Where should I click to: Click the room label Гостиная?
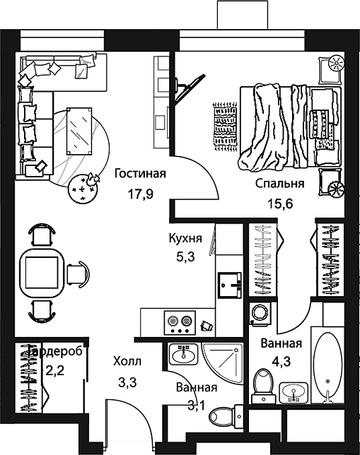[x=140, y=174]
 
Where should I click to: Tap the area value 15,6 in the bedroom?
[x=280, y=204]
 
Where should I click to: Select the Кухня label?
[x=185, y=239]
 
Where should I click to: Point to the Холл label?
[x=127, y=362]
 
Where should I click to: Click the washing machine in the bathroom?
[x=260, y=313]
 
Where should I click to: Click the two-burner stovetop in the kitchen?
[x=180, y=323]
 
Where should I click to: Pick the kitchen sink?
[x=230, y=285]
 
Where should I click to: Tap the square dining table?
[x=42, y=273]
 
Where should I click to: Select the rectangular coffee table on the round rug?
[x=79, y=131]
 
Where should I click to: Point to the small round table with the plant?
[x=82, y=189]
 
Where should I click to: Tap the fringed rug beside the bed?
[x=225, y=126]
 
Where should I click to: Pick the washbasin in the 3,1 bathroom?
[x=183, y=354]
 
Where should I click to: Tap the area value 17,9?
[x=140, y=194]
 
